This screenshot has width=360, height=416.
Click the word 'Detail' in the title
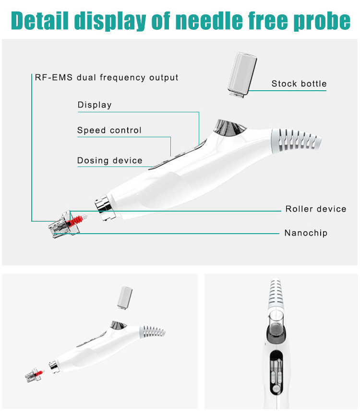pyautogui.click(x=40, y=21)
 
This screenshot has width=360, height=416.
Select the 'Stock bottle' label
pyautogui.click(x=299, y=83)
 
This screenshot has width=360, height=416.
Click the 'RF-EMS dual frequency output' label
pyautogui.click(x=107, y=77)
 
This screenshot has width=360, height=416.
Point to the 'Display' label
pyautogui.click(x=95, y=105)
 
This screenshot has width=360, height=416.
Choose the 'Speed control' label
pyautogui.click(x=109, y=130)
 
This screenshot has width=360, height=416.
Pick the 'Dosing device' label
pyautogui.click(x=110, y=161)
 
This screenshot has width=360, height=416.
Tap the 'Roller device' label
pyautogui.click(x=316, y=209)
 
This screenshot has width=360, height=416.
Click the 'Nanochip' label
pyautogui.click(x=306, y=233)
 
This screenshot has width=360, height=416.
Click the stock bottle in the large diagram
pyautogui.click(x=242, y=75)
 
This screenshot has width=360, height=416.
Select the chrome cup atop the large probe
pyautogui.click(x=229, y=128)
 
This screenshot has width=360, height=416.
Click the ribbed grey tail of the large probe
pyautogui.click(x=295, y=141)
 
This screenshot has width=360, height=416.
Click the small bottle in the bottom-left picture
pyautogui.click(x=124, y=297)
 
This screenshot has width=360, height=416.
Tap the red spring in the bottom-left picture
pyautogui.click(x=38, y=374)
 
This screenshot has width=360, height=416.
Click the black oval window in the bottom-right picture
pyautogui.click(x=276, y=372)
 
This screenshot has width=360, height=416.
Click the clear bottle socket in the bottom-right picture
pyautogui.click(x=276, y=324)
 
